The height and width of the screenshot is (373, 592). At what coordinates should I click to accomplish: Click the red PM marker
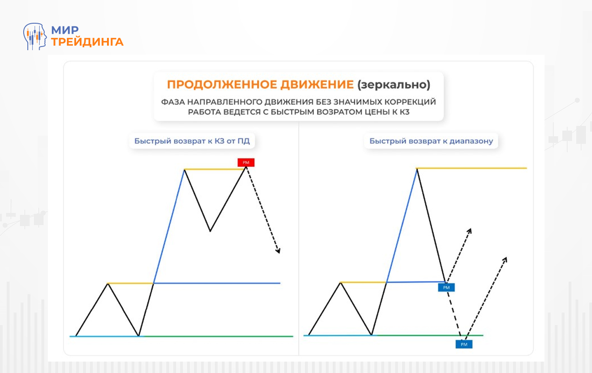coord(246,162)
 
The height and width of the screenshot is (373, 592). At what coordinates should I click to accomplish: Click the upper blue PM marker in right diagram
coord(446,287)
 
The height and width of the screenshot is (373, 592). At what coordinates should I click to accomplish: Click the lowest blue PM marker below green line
coord(464,344)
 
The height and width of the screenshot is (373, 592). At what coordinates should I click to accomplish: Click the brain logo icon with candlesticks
coord(35,36)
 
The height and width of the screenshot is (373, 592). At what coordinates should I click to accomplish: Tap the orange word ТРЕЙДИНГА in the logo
coord(87,42)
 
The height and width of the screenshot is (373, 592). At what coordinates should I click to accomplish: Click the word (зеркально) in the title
coord(393,85)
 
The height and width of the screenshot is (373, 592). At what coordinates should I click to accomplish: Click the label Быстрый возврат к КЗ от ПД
coord(192,141)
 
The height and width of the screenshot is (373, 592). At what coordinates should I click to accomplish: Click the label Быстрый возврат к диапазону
coord(431,141)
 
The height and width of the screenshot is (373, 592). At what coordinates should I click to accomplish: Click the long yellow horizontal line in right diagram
coord(472,168)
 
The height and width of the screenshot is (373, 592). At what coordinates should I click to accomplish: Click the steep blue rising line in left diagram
coord(169,227)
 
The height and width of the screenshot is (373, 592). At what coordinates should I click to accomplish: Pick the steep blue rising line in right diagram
coord(402,225)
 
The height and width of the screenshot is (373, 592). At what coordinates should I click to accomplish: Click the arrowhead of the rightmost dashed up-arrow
coord(505,259)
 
